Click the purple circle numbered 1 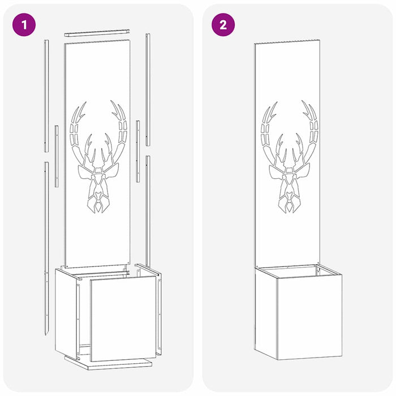coord(24,25)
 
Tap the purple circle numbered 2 coord(223,25)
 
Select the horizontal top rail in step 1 coord(97,33)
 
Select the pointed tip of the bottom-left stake coord(46,335)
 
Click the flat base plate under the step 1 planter coord(109,364)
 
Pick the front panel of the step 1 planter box coord(123,318)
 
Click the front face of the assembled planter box coord(309,317)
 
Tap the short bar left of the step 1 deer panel coord(57,156)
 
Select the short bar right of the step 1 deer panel coord(138,151)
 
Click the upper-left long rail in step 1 coord(46,96)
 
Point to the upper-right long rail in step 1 coord(148,89)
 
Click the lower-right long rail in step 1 coord(148,212)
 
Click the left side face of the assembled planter coord(266,313)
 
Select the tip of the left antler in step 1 coord(86,102)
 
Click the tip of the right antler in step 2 coord(302,101)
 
